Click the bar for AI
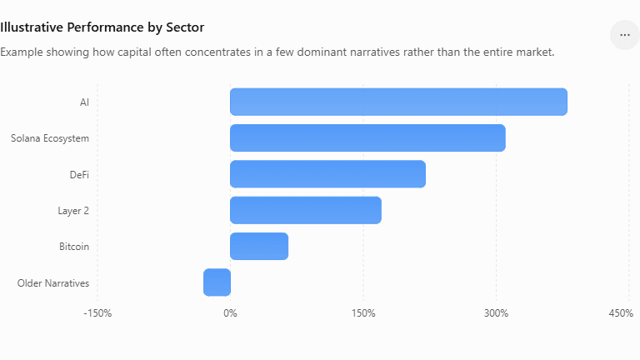(399, 102)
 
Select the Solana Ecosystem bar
(367, 138)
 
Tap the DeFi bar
(327, 174)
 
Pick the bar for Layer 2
(306, 210)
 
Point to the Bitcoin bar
(259, 247)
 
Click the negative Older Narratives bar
(217, 282)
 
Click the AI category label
(84, 102)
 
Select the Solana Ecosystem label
(50, 138)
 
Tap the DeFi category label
(79, 175)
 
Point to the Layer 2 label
(73, 211)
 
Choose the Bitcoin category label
(74, 247)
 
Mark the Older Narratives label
(53, 282)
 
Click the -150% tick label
(97, 313)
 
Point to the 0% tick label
(230, 313)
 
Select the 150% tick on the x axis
(363, 313)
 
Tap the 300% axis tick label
(497, 313)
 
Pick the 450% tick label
(621, 313)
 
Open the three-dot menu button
(625, 35)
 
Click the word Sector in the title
(185, 27)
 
